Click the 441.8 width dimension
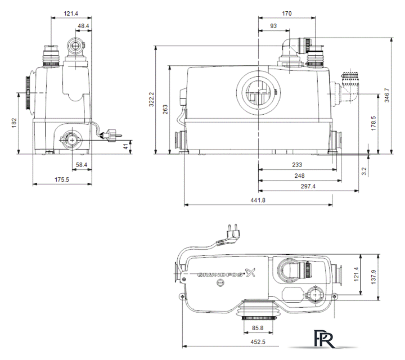coord(258,200)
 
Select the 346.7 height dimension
coord(386,95)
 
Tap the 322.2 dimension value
coord(151,99)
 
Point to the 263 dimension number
coord(165,110)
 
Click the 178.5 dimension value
coord(373,123)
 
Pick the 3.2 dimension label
coord(364,171)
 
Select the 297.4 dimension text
coord(308,186)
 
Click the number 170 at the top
coord(287,13)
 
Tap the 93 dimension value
coord(273,26)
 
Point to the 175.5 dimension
coord(62,179)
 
